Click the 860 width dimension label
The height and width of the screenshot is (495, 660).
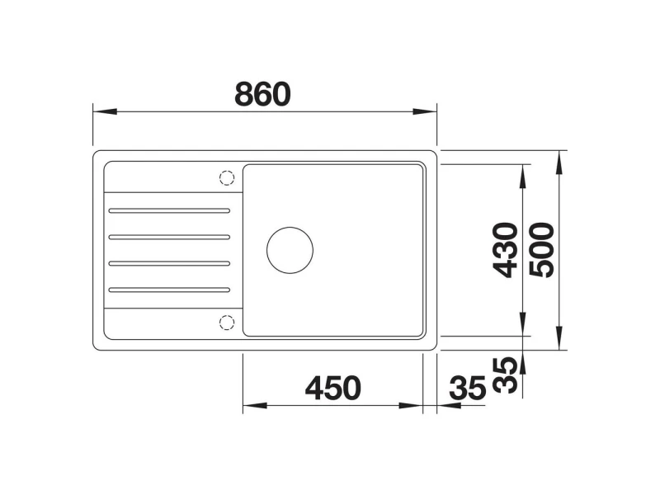262,94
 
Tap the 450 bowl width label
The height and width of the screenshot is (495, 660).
333,388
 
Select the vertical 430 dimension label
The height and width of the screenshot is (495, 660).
506,250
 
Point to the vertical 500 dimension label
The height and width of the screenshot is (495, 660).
542,250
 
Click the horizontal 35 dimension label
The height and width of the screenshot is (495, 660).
468,388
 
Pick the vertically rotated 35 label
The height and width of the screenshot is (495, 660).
505,375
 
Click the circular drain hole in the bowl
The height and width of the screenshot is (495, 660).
290,250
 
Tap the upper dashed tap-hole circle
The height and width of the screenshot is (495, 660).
227,178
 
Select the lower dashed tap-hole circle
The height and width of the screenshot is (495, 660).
227,323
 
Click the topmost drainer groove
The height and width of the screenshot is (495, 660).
169,210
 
